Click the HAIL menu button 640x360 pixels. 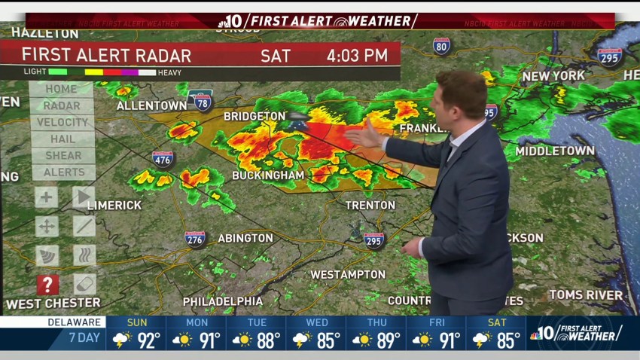(62, 139)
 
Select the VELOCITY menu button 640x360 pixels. (62, 122)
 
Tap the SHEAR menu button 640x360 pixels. (62, 155)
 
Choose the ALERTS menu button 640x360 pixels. (62, 172)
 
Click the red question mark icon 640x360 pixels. (47, 285)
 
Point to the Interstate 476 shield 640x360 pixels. (163, 158)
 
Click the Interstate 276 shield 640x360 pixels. (195, 239)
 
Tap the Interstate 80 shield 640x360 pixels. (442, 46)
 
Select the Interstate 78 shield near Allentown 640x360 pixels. (201, 100)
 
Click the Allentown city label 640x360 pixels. (151, 106)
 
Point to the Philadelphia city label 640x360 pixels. (223, 301)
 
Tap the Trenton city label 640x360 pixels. (370, 205)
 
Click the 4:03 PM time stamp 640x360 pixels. (357, 55)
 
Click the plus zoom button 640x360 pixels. (46, 198)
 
